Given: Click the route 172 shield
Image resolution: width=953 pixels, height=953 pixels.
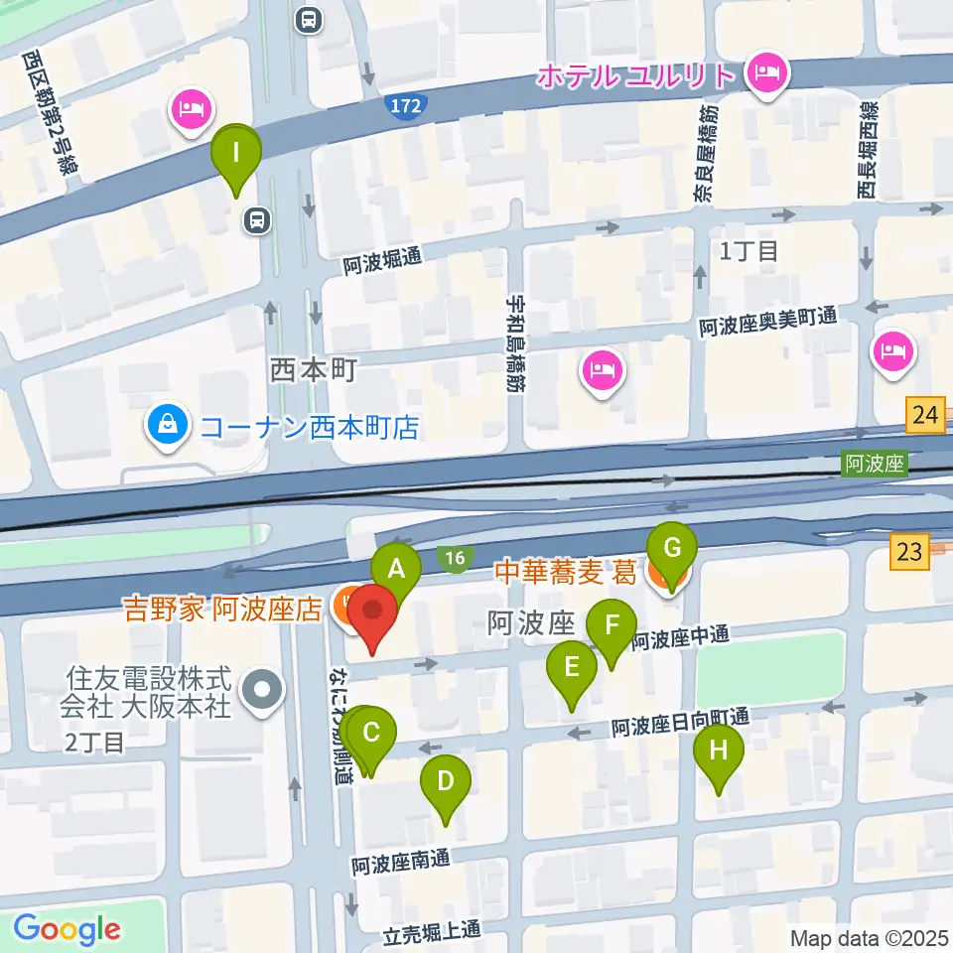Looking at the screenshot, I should pos(405,104).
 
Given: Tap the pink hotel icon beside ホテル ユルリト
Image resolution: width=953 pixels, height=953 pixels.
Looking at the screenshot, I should pos(765,73).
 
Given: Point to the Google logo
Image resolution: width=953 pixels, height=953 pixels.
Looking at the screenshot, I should pos(67,929).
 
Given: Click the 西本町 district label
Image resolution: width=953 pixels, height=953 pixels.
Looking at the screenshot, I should pos(312,371).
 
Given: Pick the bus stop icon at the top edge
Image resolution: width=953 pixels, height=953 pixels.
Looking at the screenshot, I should pos(308,18).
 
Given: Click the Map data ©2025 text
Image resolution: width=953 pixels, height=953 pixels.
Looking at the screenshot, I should pos(869,937).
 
